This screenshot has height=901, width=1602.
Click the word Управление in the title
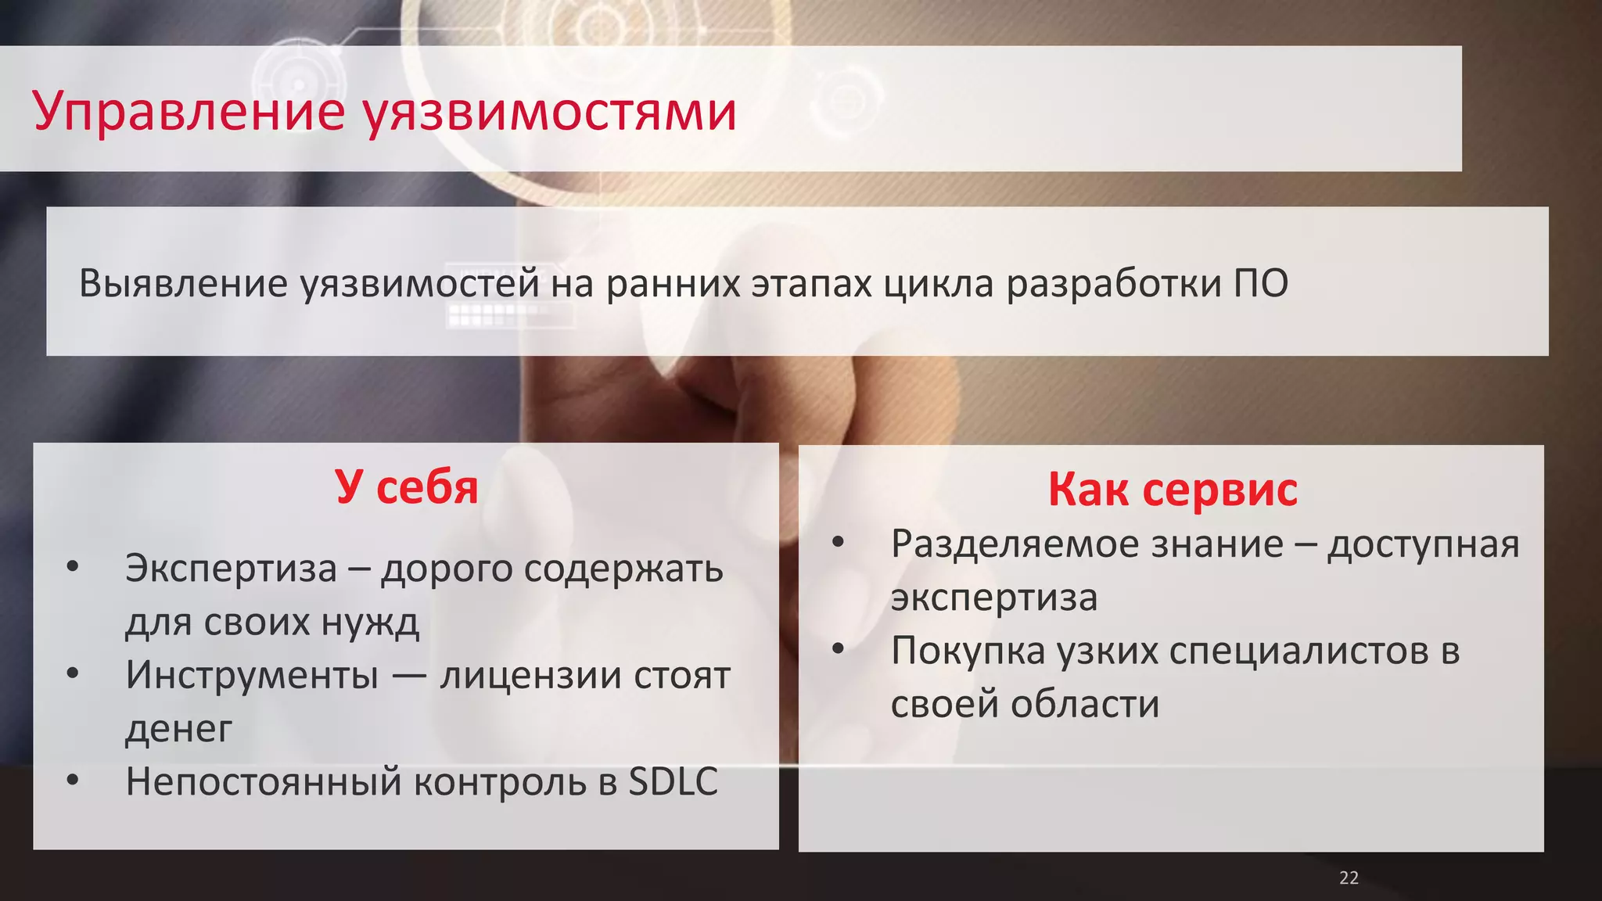189,112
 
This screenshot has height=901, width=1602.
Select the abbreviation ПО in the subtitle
1261,283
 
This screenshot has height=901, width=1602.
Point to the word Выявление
184,283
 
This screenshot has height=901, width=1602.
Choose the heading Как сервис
1173,490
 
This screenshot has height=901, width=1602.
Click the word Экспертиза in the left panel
231,568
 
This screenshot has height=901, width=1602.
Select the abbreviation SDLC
673,781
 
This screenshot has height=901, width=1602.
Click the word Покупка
968,651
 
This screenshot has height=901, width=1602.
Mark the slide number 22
1349,878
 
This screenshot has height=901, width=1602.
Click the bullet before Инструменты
73,673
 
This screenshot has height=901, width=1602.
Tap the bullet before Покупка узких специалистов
839,649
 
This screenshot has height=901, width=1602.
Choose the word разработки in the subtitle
1114,283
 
